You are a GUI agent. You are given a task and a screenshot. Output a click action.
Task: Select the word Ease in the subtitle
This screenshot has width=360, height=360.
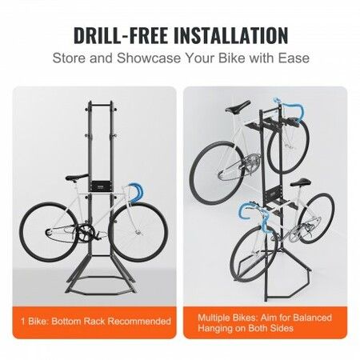click(289, 58)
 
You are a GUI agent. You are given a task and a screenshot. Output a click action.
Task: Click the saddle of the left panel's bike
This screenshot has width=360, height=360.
click(75, 178)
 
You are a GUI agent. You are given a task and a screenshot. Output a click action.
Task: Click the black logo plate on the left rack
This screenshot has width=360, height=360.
click(105, 186)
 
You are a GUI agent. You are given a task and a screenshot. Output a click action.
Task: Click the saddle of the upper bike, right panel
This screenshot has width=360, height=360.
click(239, 106)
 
